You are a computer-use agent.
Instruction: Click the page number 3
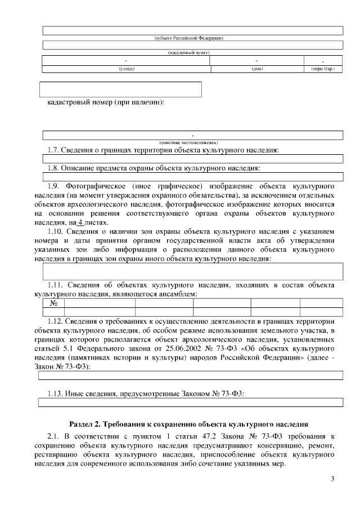332,479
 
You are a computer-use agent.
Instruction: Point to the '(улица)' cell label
126,69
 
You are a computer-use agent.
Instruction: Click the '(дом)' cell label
257,69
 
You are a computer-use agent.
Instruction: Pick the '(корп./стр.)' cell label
323,69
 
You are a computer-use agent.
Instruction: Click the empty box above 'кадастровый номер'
120,89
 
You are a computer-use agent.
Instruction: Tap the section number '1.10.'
56,232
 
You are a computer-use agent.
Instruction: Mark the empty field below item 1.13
190,402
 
